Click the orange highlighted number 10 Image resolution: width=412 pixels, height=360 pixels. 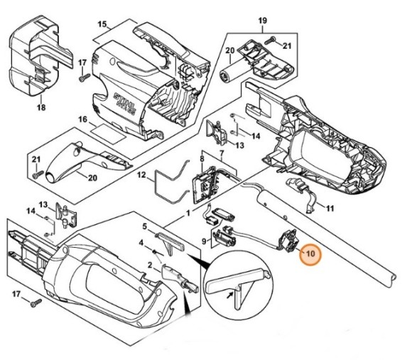(310, 253)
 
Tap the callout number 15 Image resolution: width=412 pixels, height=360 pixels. (102, 25)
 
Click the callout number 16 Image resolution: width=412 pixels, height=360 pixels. (82, 121)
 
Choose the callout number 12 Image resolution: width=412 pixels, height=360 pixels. (141, 174)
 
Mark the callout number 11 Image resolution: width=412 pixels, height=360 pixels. (329, 208)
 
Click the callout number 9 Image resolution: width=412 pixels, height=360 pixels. (206, 241)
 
